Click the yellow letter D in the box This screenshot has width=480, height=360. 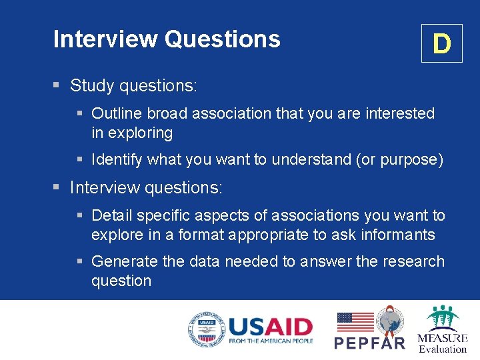point(441,44)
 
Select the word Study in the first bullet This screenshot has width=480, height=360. point(92,86)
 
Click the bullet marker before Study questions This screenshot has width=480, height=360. point(57,86)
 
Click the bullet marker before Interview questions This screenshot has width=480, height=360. point(57,188)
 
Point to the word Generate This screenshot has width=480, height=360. point(125,261)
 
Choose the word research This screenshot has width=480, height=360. point(413,261)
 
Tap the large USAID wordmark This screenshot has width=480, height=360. point(271,327)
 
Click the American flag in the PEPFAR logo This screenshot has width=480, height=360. point(355,322)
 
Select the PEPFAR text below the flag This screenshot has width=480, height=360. point(369,343)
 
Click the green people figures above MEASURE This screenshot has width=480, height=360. point(443,318)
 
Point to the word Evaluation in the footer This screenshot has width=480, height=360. point(443,349)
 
